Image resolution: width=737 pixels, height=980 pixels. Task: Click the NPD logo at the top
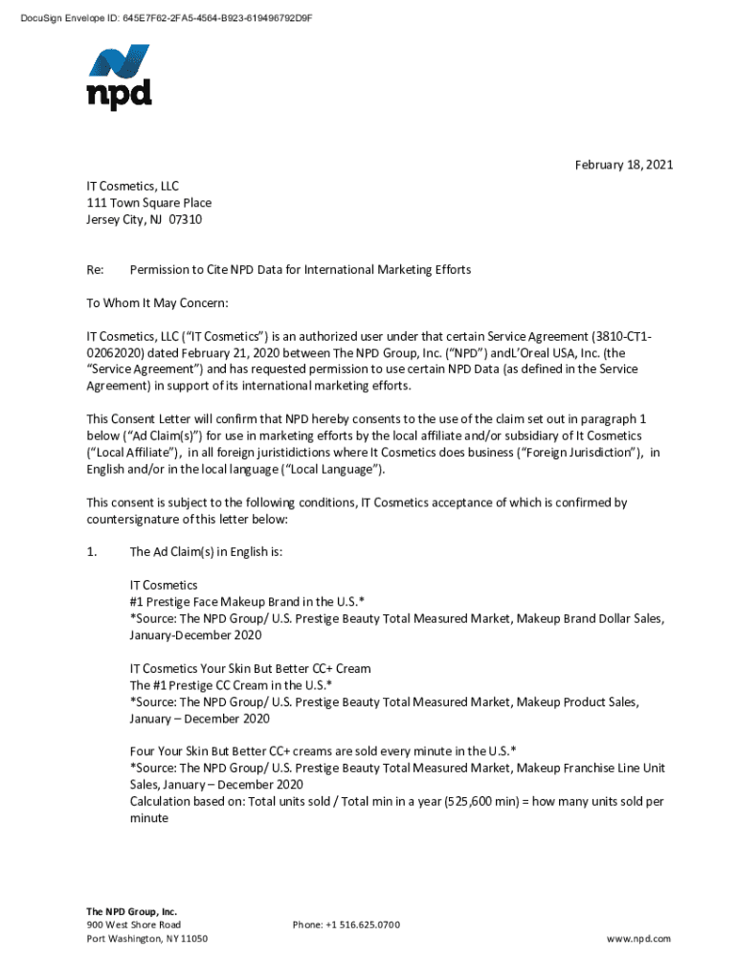click(119, 77)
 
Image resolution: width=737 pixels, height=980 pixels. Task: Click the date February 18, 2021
click(624, 165)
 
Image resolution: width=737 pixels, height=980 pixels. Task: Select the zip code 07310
click(186, 220)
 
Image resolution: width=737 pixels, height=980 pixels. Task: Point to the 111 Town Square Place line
click(148, 203)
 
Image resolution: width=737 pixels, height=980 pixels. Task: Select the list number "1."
click(92, 552)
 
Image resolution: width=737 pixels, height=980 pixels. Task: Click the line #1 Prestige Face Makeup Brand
click(246, 601)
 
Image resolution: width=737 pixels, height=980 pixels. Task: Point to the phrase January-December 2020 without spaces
click(199, 635)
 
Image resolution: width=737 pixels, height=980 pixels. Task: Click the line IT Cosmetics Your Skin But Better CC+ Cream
click(250, 668)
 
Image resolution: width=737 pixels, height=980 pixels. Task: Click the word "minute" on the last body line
click(148, 818)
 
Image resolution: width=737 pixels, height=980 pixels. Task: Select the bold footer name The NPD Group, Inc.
click(131, 911)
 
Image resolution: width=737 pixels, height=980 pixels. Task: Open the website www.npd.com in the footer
click(638, 939)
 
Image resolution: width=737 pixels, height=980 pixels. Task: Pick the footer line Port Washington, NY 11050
click(146, 939)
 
